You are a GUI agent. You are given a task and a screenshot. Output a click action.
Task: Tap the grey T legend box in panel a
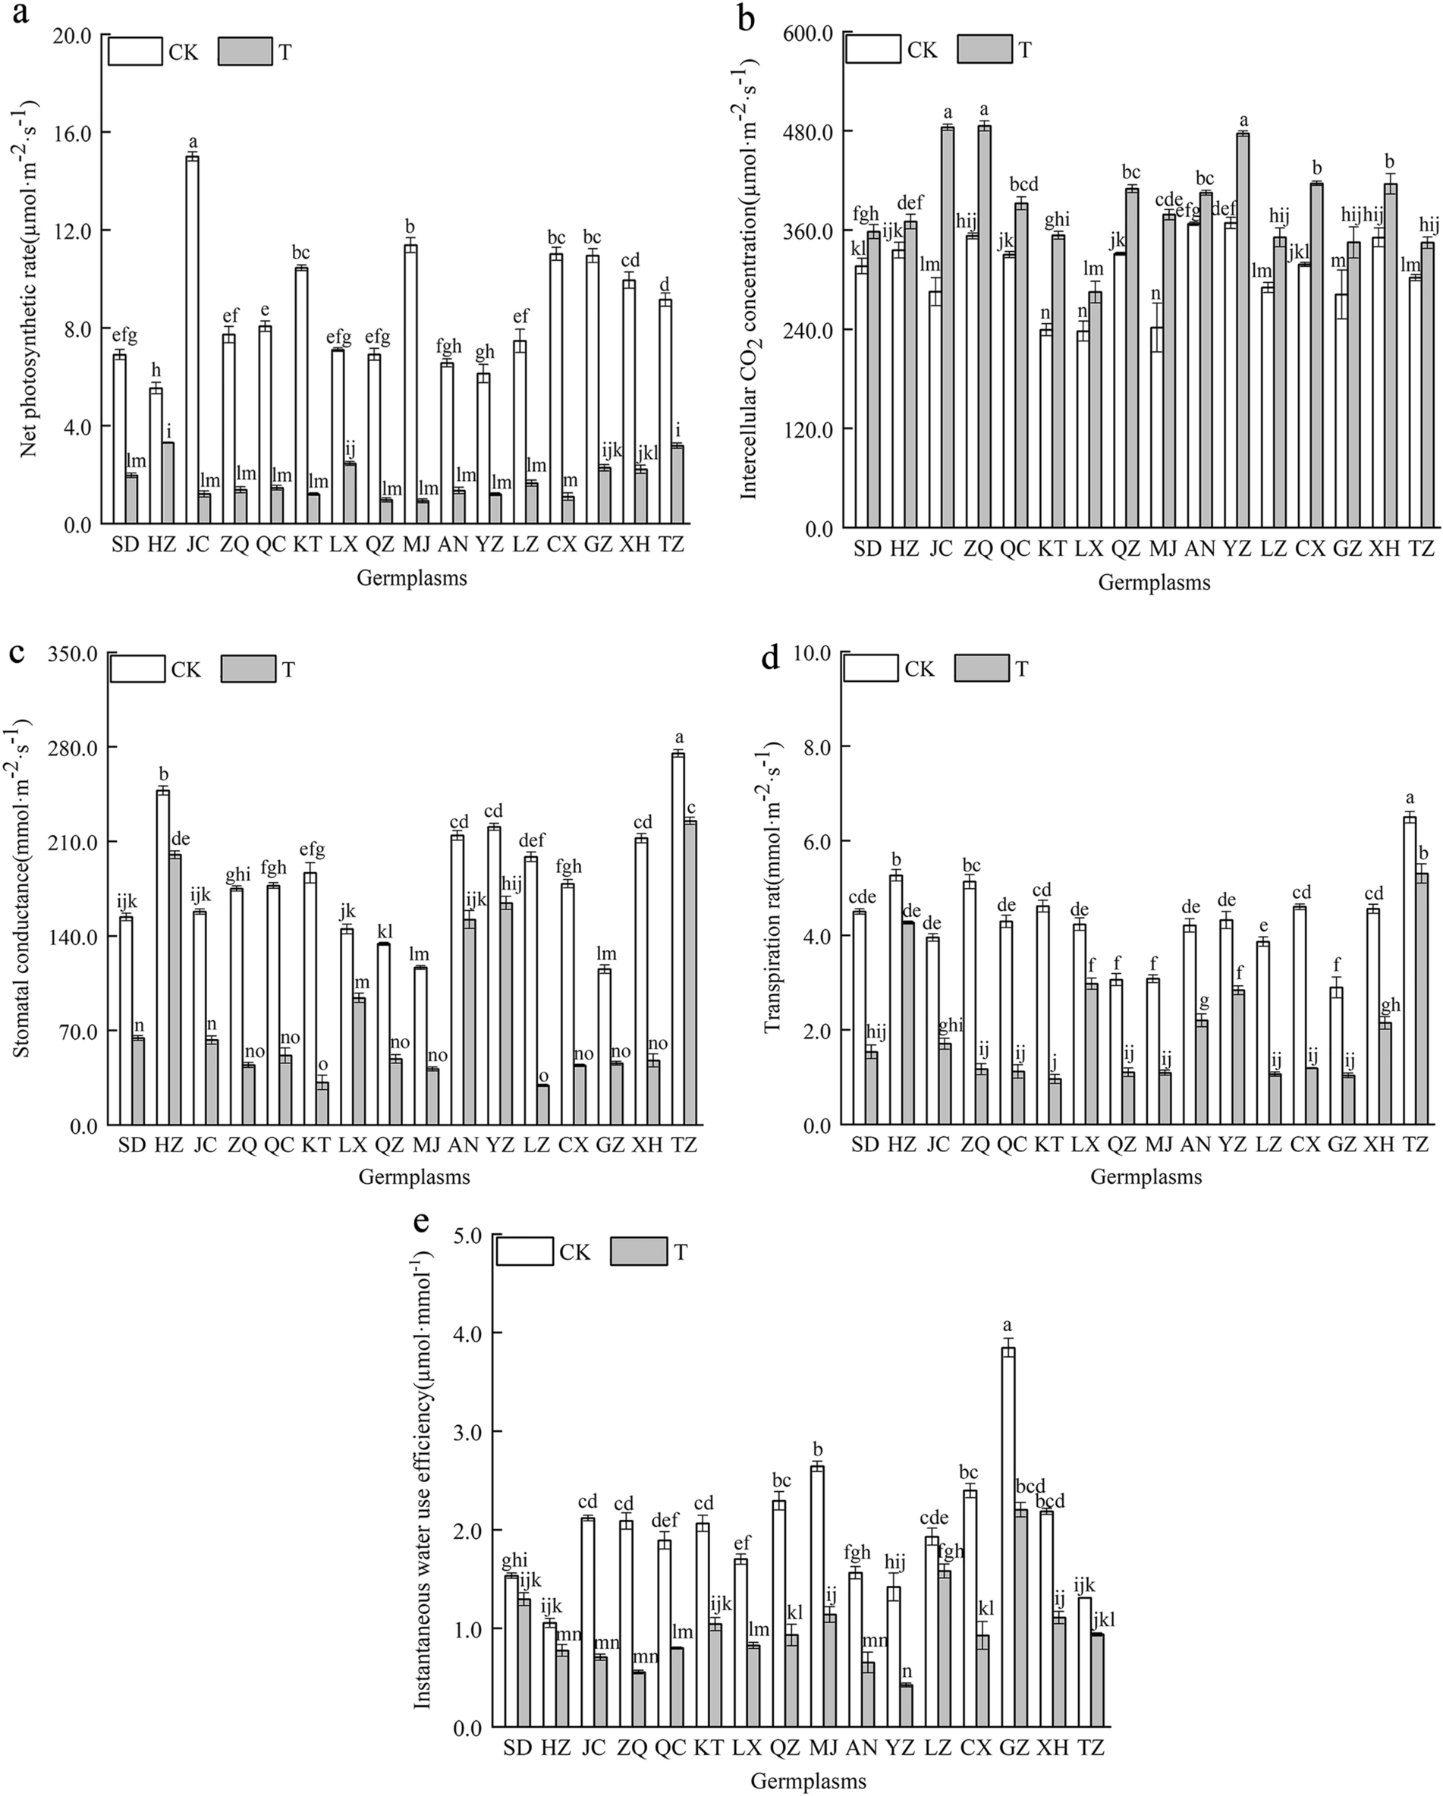point(245,52)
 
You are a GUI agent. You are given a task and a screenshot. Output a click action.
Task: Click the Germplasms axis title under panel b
point(1154,582)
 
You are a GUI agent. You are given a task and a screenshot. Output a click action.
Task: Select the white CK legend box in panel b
point(873,49)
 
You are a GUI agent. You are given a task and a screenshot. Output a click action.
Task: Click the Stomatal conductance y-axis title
point(23,888)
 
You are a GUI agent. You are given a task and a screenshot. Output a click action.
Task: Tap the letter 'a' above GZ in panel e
point(1008,1324)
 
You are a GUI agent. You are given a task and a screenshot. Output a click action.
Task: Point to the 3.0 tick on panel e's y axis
point(468,1432)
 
